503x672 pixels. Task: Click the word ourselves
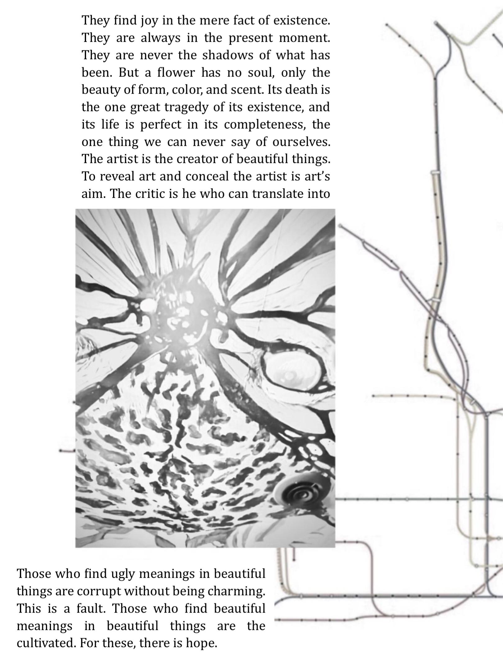pos(301,142)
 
